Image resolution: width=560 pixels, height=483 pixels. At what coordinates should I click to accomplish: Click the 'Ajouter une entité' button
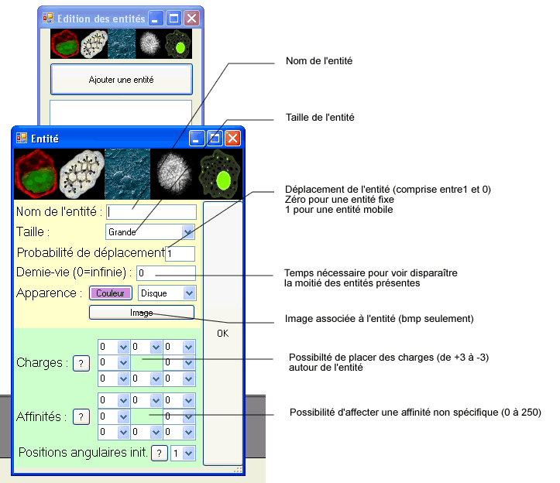(x=121, y=80)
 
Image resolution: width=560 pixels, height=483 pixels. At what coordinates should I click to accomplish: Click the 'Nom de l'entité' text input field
(x=151, y=211)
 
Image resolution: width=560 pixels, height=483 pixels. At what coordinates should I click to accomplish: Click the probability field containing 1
(x=180, y=253)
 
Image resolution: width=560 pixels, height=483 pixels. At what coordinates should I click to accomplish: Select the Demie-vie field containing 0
(x=166, y=273)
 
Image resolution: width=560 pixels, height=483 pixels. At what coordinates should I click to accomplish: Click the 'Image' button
(x=141, y=312)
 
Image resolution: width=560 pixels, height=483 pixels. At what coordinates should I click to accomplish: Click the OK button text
(x=222, y=334)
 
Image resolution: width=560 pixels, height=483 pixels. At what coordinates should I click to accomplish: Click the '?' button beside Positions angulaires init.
(x=159, y=454)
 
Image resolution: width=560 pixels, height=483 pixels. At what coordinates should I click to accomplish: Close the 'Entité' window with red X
(x=232, y=139)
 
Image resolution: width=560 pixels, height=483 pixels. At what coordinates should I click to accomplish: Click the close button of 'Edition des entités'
(x=191, y=18)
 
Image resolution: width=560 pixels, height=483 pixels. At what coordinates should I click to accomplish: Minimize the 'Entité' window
(x=198, y=139)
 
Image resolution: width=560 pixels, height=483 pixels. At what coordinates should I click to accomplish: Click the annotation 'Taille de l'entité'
(x=320, y=118)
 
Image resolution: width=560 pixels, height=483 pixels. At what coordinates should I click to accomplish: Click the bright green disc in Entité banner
(x=223, y=180)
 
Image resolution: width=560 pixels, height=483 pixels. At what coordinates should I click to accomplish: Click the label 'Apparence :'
(x=49, y=293)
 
